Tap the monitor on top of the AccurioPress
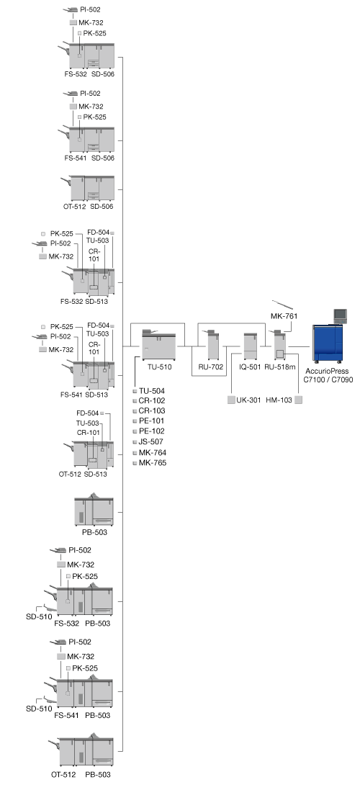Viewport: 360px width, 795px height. [341, 316]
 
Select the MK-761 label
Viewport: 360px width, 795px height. [284, 316]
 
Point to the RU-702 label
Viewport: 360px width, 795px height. [211, 367]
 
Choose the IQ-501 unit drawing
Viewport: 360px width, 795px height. [251, 346]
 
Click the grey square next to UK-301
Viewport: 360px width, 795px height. [231, 400]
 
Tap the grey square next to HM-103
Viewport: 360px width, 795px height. [299, 400]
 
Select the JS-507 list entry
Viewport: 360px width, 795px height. [151, 441]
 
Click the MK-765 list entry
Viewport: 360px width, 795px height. [153, 463]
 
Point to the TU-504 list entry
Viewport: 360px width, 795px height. [152, 391]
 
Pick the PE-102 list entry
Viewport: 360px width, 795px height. [152, 431]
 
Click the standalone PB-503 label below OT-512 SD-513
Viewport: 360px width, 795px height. [95, 532]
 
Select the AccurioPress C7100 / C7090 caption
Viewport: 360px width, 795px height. [329, 375]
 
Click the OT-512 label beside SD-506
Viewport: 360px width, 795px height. [74, 207]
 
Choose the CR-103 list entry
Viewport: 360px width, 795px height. [152, 410]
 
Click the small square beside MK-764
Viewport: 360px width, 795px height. [135, 453]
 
